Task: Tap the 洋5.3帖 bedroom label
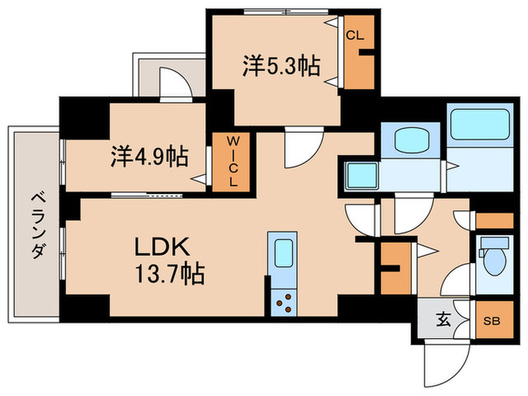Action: click(x=279, y=66)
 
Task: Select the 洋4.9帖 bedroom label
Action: click(x=149, y=156)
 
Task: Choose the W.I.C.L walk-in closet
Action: click(x=234, y=161)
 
